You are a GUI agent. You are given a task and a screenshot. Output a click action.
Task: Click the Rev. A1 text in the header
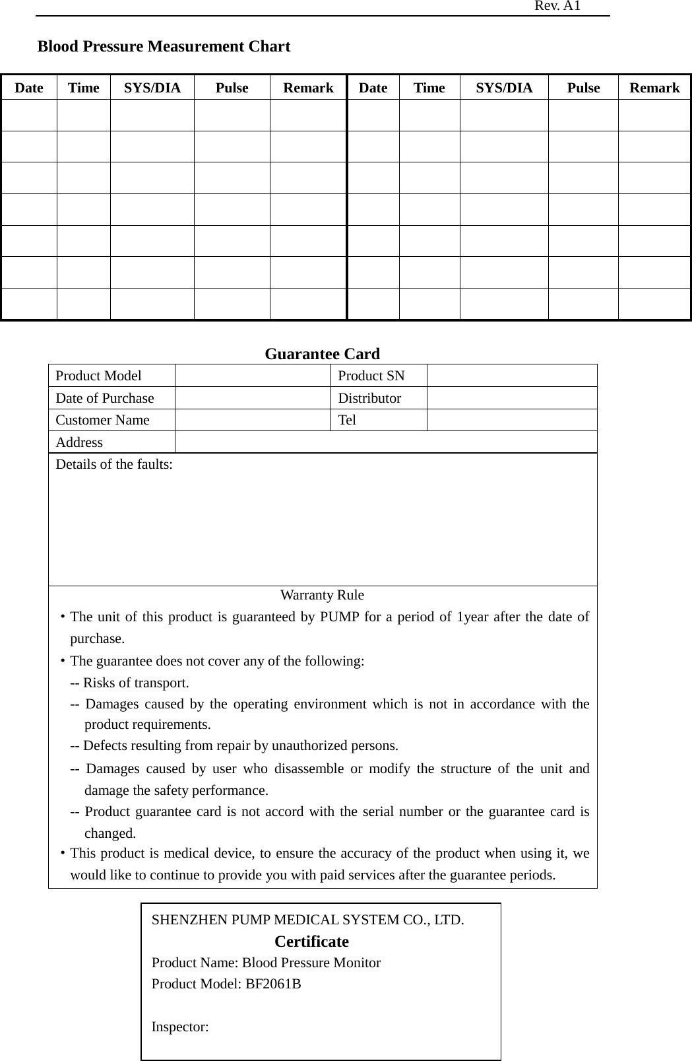click(557, 6)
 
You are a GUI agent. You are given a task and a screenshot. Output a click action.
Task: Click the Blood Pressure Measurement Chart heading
click(164, 46)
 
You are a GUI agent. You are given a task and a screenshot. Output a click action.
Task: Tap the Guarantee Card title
click(322, 354)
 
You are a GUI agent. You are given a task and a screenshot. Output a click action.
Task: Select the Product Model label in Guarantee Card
click(98, 376)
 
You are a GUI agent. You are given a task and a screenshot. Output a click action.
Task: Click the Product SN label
click(371, 376)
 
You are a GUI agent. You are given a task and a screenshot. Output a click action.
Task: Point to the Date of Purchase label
click(104, 398)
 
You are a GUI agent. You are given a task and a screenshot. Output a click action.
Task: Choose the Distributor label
click(369, 398)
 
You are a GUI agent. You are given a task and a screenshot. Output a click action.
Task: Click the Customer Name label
click(102, 420)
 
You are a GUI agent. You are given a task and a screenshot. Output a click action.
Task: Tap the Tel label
click(347, 420)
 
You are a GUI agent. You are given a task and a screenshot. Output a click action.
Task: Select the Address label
click(79, 442)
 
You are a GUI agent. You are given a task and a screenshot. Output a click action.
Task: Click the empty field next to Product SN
click(511, 376)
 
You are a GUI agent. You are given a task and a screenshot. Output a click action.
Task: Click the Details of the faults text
click(114, 464)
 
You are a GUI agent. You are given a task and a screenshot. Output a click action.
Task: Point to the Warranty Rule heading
click(322, 595)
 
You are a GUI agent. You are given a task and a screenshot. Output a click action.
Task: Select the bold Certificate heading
click(311, 941)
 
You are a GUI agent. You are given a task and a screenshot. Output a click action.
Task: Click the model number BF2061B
click(273, 984)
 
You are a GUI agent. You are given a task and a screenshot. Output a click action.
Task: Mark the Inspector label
click(180, 1027)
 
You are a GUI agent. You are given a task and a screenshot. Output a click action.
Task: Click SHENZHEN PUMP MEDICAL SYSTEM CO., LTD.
click(307, 920)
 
